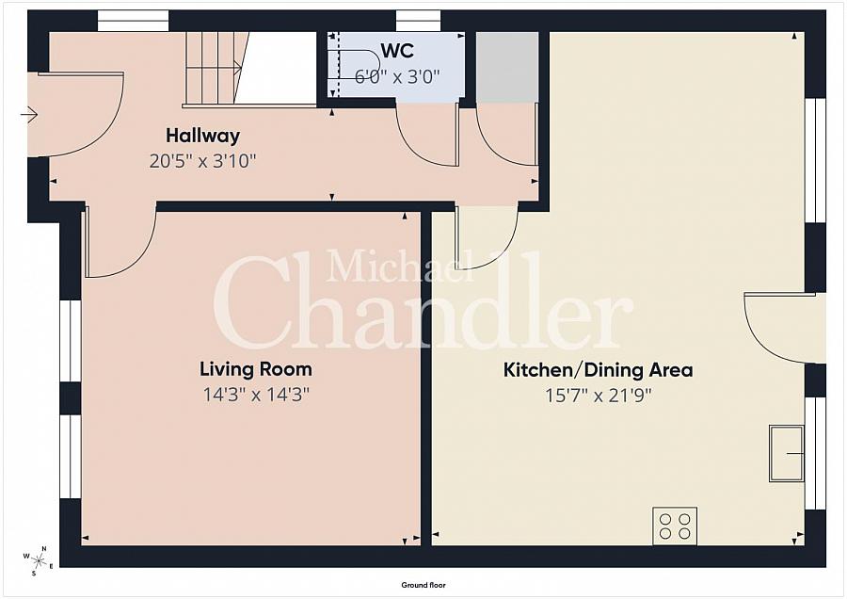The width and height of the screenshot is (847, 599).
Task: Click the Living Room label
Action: point(255,369)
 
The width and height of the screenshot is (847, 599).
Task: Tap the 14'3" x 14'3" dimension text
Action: point(256,395)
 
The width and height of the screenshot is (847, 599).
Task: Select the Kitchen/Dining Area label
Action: point(598,370)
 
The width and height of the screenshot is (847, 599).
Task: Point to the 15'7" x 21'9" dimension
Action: point(598,396)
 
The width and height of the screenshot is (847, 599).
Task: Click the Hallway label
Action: point(202,136)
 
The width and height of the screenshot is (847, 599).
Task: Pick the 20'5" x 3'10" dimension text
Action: point(202,161)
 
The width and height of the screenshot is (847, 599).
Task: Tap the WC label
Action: point(396,51)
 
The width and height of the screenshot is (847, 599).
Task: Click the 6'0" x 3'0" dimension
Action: point(396,76)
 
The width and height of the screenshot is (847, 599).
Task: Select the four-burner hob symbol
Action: point(675,526)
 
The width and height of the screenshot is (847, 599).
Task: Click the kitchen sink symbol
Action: point(787,454)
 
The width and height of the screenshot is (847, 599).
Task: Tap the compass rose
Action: point(38,561)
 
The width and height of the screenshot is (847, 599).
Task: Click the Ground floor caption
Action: point(423,585)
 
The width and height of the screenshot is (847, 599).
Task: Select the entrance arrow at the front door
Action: point(28,115)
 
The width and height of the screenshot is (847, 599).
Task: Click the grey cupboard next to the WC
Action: point(507,67)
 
